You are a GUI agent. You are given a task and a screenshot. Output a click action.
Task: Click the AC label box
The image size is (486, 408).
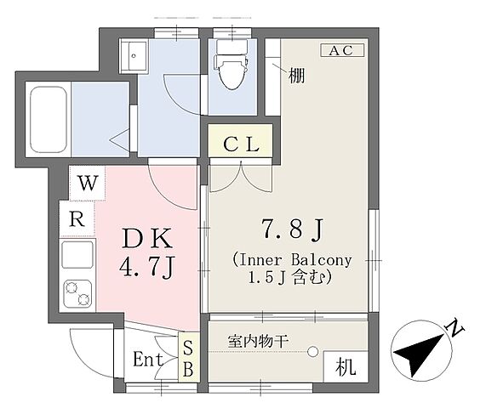click(342, 50)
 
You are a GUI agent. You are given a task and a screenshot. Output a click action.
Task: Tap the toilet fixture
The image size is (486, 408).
click(232, 65)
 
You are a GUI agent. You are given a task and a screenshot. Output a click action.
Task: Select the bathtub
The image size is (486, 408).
click(49, 120)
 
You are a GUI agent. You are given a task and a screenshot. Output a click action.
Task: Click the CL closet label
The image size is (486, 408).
click(241, 144)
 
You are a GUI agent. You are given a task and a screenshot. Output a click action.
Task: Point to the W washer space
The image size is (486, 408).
click(88, 184)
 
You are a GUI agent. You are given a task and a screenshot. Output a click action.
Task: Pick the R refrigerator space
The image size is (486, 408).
click(77, 219)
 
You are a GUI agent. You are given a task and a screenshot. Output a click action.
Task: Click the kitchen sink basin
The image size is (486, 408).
click(77, 254)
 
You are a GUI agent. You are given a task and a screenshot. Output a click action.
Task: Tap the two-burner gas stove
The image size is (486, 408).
click(77, 294)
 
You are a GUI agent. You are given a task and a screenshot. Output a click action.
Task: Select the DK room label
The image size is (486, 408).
click(147, 238)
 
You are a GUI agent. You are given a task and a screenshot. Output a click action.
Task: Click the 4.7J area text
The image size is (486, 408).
click(147, 268)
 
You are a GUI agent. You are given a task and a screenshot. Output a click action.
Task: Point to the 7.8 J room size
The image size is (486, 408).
click(293, 229)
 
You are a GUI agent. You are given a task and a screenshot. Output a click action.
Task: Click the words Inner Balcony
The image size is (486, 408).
click(294, 260)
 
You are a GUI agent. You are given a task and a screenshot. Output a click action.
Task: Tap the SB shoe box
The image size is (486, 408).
click(188, 358)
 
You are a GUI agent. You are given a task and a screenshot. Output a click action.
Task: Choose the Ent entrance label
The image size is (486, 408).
click(148, 360)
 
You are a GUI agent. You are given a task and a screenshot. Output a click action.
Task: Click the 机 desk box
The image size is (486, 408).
click(346, 367)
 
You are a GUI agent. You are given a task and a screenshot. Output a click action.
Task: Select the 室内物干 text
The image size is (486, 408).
click(259, 342)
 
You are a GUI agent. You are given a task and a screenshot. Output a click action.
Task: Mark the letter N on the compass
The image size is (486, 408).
click(454, 329)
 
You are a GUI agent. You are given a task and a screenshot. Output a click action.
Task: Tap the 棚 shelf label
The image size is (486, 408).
click(296, 76)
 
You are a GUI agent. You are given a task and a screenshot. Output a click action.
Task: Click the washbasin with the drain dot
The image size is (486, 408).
click(134, 56)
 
